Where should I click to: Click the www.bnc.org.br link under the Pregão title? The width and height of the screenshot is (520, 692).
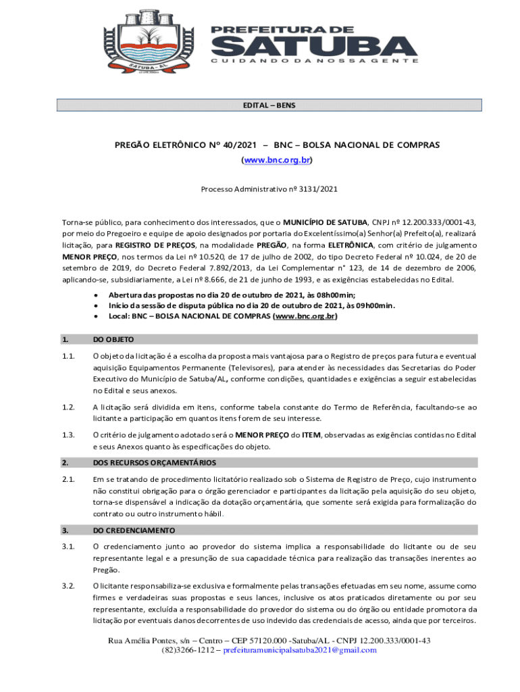276,160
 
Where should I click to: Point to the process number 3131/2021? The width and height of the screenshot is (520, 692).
315,189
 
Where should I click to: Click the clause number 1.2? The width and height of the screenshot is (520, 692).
68,407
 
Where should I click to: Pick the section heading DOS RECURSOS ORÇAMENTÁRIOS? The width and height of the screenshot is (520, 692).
155,462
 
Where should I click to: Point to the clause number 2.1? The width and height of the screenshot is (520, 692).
68,479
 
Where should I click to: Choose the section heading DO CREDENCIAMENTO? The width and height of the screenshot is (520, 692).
134,530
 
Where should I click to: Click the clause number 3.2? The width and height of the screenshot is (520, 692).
68,586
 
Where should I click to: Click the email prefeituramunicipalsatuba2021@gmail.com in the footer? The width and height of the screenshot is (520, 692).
299,650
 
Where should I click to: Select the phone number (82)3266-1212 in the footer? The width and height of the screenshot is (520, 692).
187,650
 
